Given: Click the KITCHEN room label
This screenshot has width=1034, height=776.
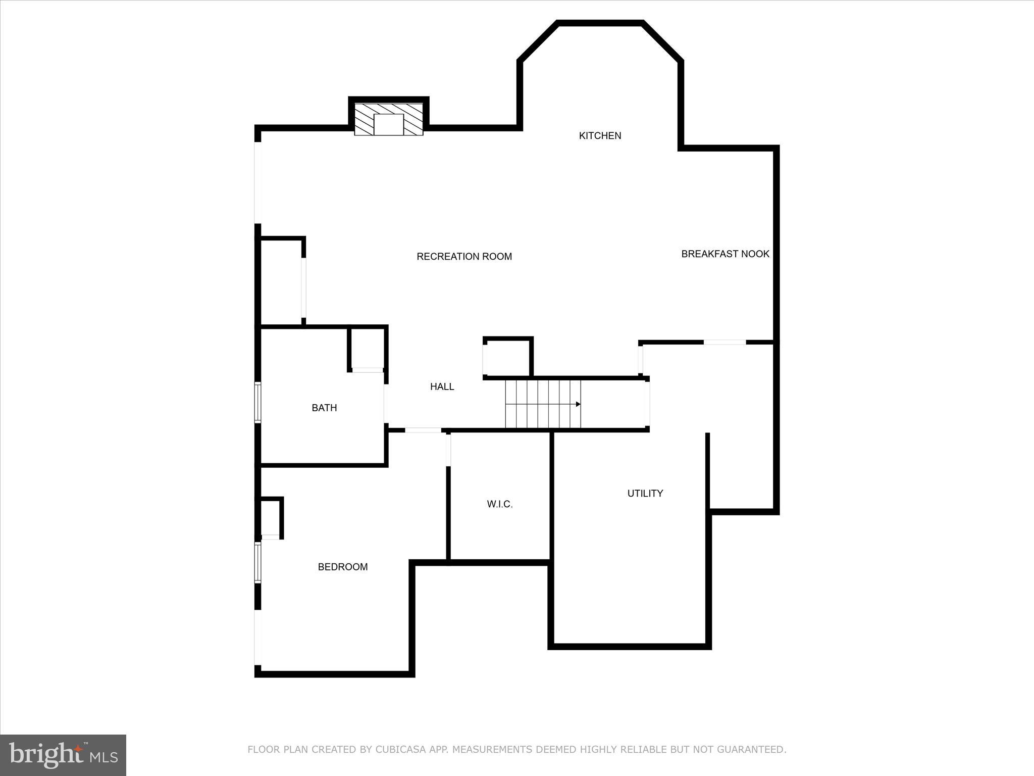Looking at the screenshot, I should pos(600,135).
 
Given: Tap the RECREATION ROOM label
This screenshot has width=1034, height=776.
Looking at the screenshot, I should pos(464,257).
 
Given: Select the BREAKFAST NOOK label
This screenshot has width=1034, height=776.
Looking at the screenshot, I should pos(725,254).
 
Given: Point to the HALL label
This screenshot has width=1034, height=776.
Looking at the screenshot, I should pos(442,386).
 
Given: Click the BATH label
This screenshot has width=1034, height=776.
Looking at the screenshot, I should pos(324,408).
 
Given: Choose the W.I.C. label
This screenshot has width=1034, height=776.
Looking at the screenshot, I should pos(500,504).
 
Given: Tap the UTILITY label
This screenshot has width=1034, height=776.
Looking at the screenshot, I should pos(645,493).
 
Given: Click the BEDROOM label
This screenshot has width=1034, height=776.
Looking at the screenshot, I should pos(342,567).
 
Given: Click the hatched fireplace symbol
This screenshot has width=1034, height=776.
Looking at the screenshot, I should pos(388,119).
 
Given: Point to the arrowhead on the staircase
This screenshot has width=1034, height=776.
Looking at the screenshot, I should pos(578,404).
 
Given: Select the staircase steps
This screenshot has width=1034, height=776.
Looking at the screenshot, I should pos(543,404).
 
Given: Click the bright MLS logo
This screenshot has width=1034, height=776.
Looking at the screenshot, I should pos(63,755).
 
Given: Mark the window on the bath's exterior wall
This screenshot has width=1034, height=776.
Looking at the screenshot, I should pos(257,402).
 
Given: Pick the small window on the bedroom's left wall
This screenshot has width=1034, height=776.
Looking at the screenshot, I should pos(257,562).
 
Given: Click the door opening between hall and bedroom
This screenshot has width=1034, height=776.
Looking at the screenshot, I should pos(423,430).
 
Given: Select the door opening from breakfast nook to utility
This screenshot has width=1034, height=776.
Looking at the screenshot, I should pos(725,343).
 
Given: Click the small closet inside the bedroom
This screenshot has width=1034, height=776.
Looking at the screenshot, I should pos(271,518).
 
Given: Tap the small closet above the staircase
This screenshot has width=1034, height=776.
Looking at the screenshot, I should pos(507,358).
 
